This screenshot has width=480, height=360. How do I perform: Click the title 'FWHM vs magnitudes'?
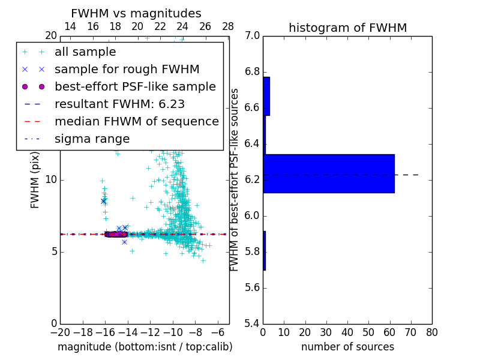136,14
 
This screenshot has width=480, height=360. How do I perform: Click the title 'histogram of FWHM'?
347,28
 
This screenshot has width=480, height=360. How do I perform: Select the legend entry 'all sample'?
85,52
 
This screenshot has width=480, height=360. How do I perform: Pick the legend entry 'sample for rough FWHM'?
127,69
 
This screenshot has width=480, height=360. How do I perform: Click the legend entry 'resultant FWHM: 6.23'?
119,104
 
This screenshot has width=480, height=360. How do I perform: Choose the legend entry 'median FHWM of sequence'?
136,121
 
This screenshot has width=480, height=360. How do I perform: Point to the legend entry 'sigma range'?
92,139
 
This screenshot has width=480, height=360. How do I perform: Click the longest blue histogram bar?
329,173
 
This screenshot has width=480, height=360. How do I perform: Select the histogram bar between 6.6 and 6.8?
266,96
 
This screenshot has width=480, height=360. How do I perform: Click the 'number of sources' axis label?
347,347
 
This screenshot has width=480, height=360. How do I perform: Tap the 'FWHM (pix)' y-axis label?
35,180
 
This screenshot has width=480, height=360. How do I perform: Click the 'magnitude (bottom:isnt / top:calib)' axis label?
145,347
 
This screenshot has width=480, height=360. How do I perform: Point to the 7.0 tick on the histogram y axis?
252,36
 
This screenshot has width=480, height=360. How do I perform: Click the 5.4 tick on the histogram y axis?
252,323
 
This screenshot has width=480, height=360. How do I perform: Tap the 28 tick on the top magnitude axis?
228,26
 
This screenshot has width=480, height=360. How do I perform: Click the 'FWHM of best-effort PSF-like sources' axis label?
235,180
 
